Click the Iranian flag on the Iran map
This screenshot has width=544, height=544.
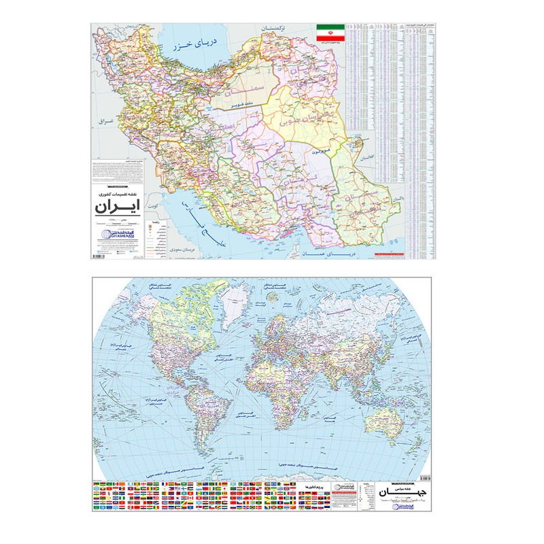point(329,32)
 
